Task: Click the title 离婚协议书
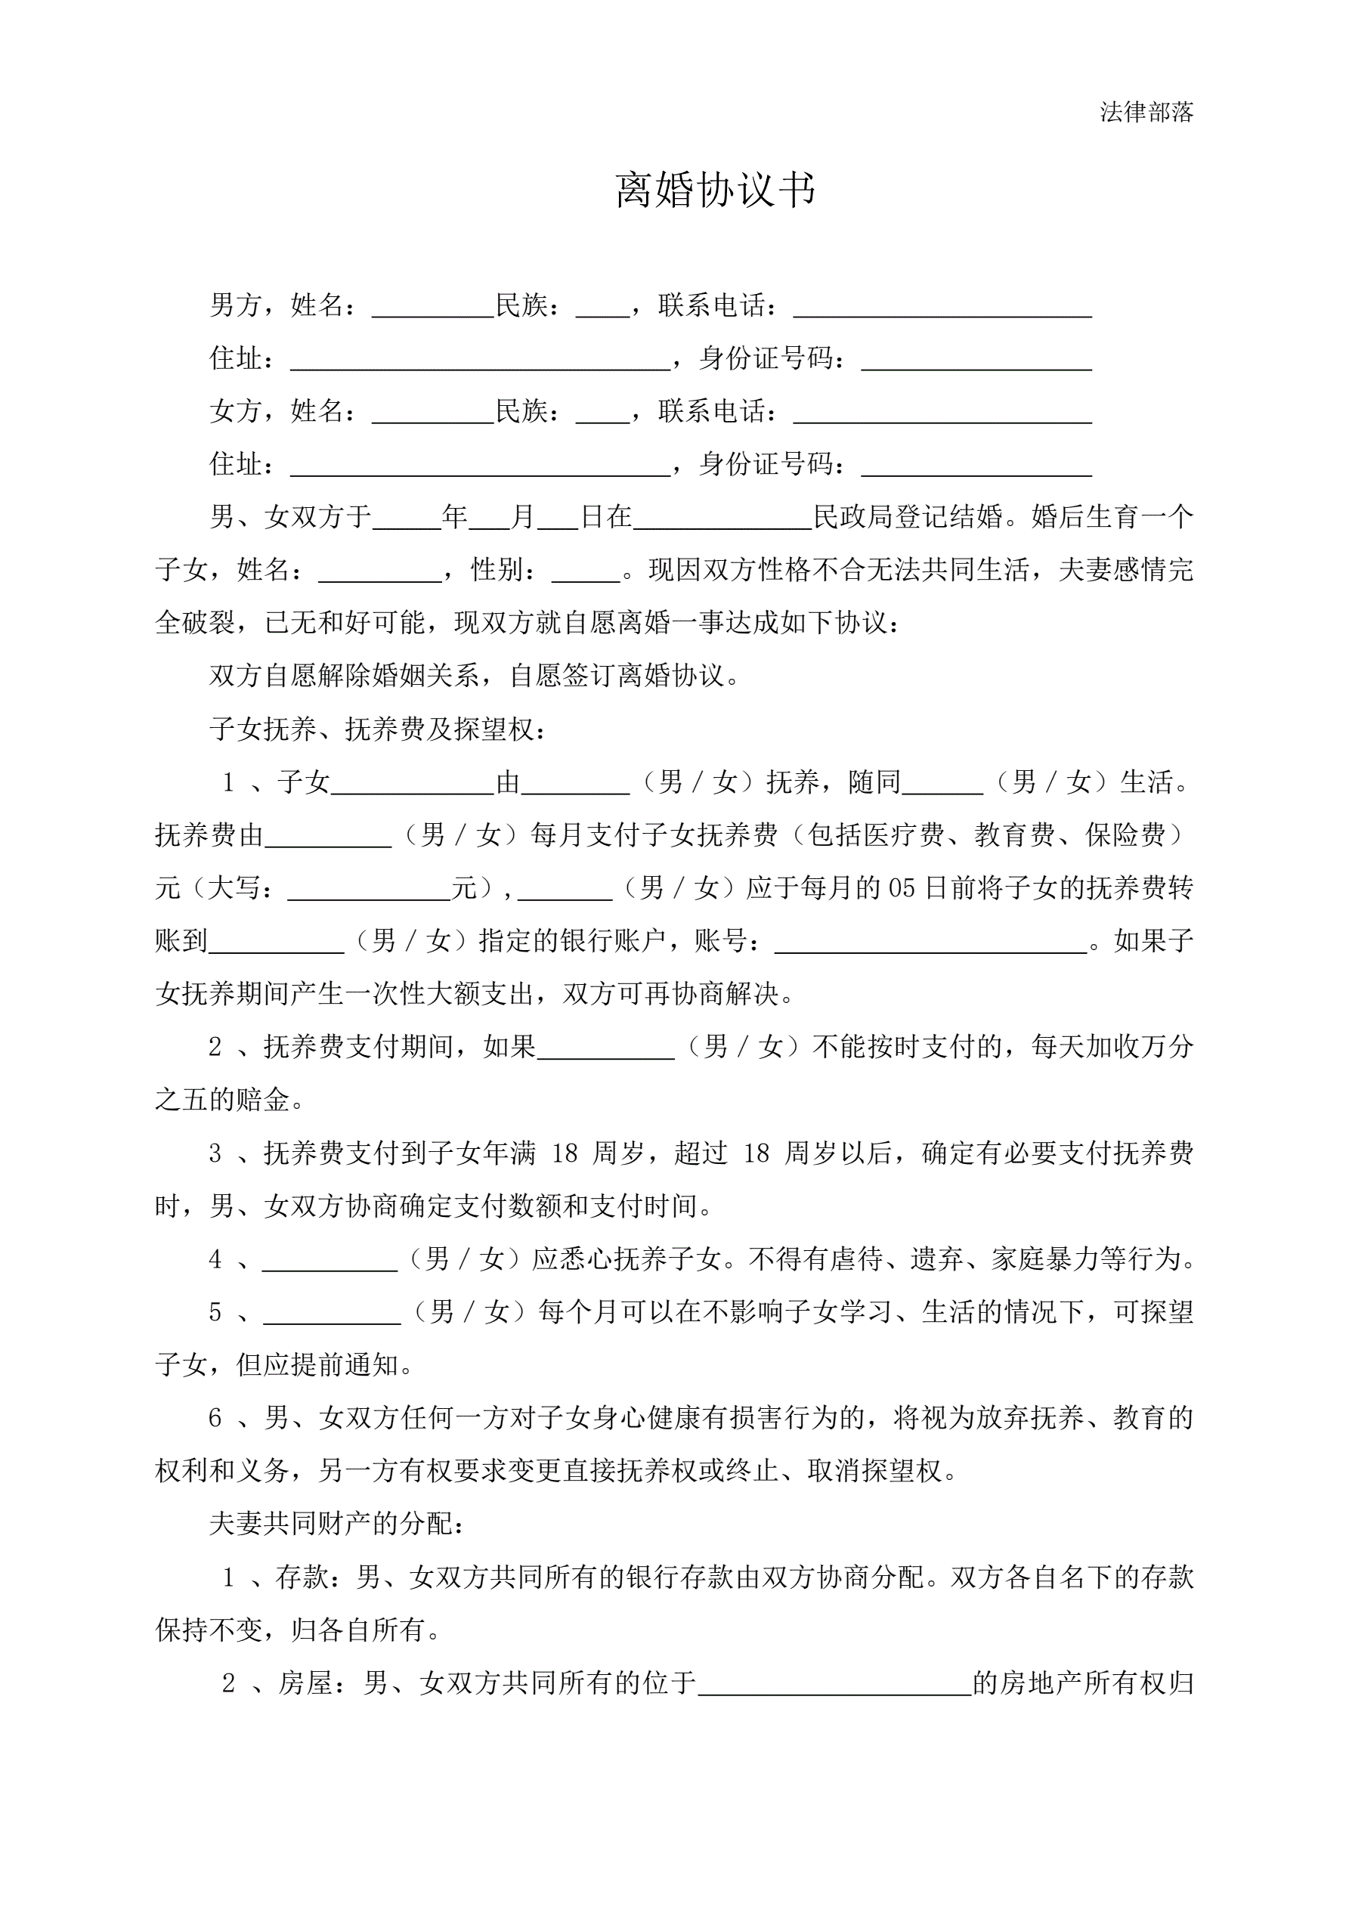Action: click(715, 190)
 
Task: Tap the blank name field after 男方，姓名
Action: click(433, 308)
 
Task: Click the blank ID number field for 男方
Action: click(976, 361)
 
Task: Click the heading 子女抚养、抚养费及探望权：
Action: click(379, 729)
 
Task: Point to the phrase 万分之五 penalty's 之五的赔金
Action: click(223, 1100)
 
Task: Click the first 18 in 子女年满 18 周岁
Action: click(564, 1153)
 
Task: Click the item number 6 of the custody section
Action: click(215, 1418)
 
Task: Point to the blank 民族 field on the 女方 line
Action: click(602, 413)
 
